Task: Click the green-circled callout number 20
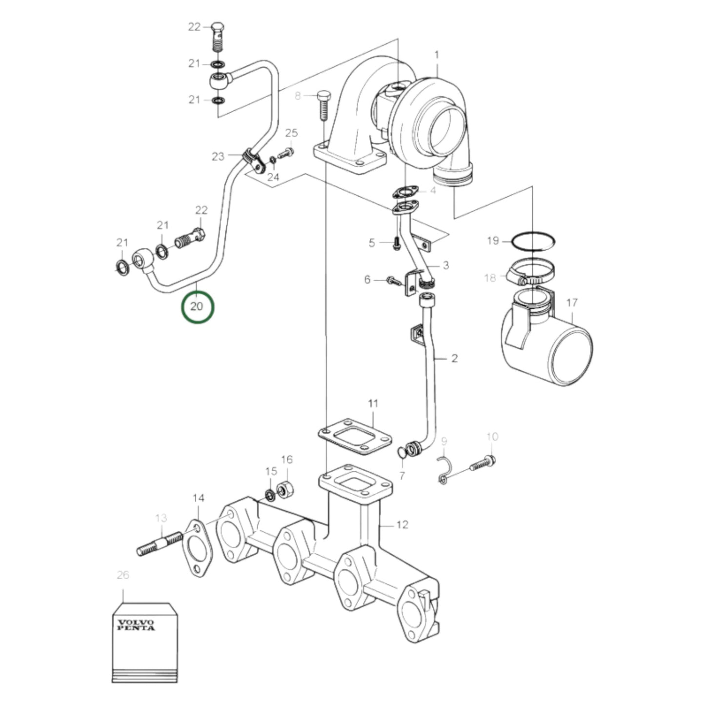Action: (x=197, y=306)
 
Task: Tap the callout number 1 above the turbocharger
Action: (x=437, y=55)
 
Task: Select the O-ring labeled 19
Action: (x=533, y=241)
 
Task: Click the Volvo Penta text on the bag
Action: (x=136, y=625)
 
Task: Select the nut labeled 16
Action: (x=285, y=490)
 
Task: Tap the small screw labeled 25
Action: (x=286, y=154)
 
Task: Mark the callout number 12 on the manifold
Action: (x=402, y=524)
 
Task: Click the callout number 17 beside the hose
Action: (x=572, y=302)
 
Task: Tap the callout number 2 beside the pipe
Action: (x=454, y=359)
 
